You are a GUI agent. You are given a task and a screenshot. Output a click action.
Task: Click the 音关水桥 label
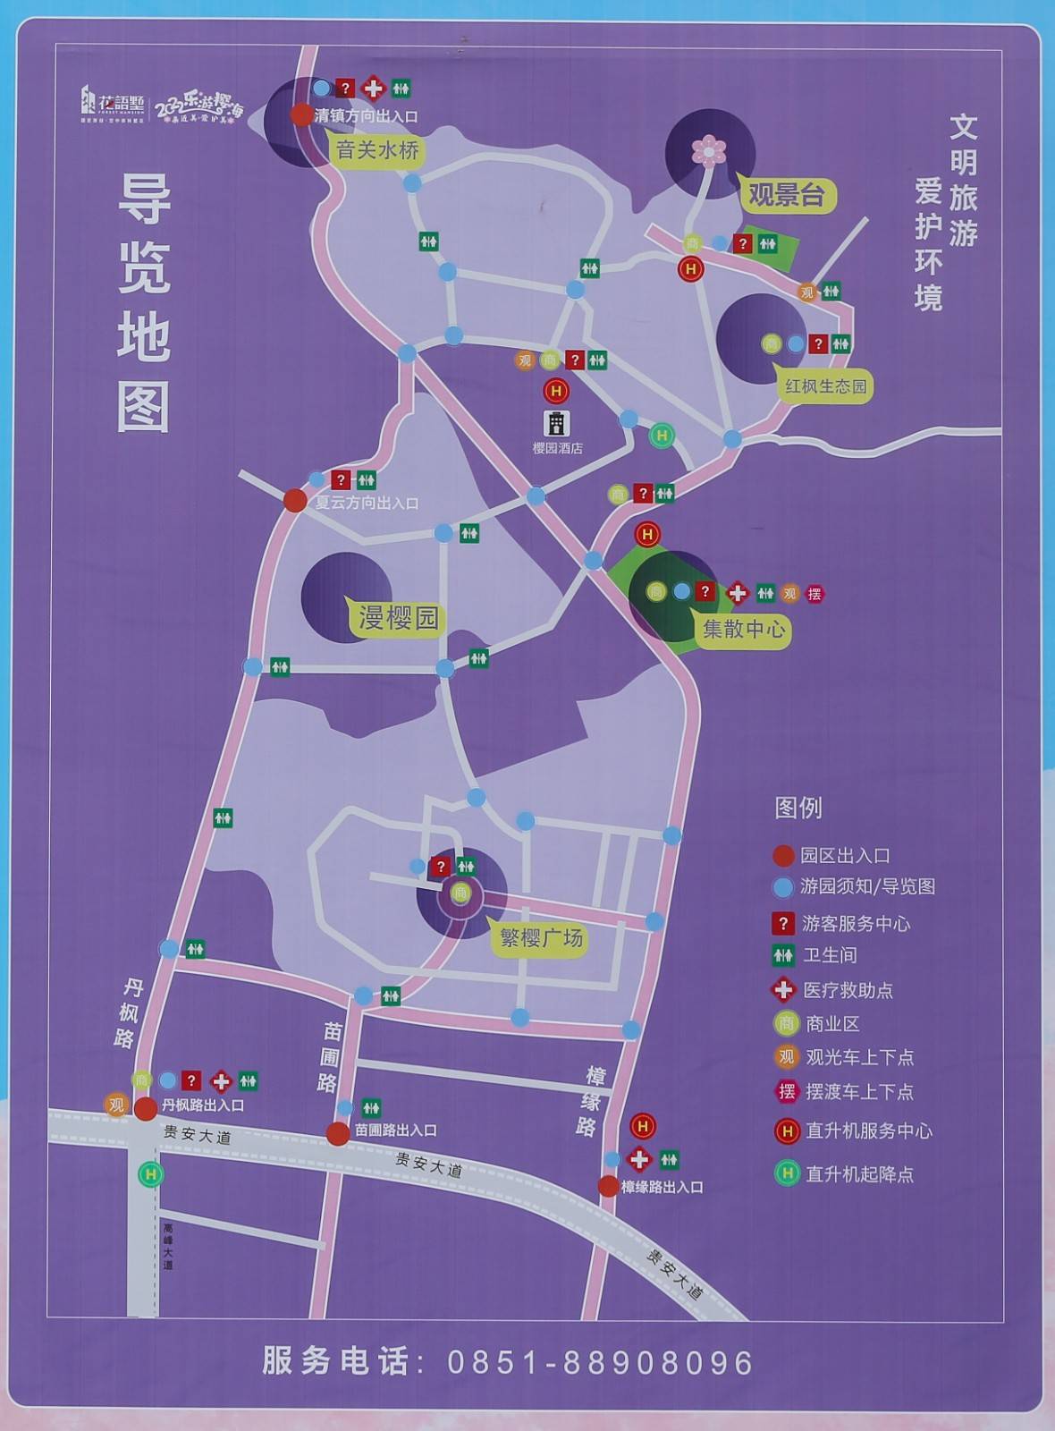click(377, 150)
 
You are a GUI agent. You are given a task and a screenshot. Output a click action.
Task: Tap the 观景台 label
click(786, 195)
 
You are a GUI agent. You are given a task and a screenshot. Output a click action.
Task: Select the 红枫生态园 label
click(825, 386)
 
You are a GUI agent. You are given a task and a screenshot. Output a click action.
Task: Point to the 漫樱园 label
click(398, 617)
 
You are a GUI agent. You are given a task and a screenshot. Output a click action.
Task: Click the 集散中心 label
click(743, 629)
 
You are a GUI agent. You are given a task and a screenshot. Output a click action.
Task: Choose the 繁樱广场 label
click(541, 938)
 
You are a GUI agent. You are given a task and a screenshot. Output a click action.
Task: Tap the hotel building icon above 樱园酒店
click(556, 422)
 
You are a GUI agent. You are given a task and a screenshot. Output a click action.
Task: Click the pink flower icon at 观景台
click(709, 150)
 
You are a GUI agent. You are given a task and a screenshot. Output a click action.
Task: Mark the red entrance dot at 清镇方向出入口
click(301, 114)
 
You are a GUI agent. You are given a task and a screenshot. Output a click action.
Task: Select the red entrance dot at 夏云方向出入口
click(295, 501)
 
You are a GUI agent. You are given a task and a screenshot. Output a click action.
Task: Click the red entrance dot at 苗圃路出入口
click(338, 1134)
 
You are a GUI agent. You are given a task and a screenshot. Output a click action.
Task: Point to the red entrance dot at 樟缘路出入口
click(608, 1187)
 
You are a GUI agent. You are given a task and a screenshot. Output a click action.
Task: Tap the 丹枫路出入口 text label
click(203, 1105)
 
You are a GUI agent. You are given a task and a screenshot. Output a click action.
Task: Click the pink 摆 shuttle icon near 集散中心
click(814, 593)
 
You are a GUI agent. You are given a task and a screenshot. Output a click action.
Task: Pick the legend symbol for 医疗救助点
click(783, 990)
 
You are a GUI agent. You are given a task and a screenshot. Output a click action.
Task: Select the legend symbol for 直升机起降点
click(787, 1173)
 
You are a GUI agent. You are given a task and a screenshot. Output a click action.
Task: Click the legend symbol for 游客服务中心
click(783, 923)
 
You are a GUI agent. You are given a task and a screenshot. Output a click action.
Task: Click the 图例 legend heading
click(798, 809)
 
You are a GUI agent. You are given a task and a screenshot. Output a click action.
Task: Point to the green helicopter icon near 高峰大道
click(151, 1173)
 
